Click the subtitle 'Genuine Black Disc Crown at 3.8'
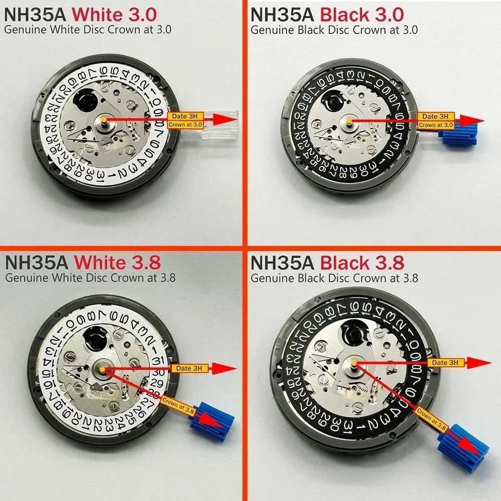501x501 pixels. coord(334,277)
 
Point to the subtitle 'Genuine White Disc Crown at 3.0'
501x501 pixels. coord(88,29)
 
